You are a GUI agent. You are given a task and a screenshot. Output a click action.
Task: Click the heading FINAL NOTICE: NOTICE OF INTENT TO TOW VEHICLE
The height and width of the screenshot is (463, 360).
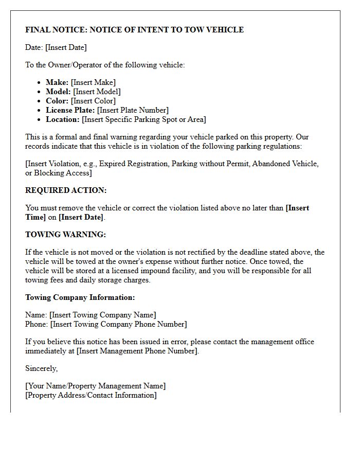click(x=134, y=30)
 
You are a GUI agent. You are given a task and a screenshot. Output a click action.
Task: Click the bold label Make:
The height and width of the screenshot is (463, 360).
click(x=57, y=82)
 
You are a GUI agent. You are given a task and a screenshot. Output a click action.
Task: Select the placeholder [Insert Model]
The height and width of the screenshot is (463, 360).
click(x=97, y=92)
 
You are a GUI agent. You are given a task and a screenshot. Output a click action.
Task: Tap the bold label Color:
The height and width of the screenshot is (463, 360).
click(x=57, y=101)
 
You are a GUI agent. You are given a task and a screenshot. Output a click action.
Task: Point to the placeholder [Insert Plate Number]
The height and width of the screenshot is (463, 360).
click(x=133, y=110)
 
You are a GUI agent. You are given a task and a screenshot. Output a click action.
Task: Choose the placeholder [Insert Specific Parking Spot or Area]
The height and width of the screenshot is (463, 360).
click(x=143, y=119)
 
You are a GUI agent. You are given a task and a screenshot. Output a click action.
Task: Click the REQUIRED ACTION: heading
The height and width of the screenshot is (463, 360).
click(x=66, y=190)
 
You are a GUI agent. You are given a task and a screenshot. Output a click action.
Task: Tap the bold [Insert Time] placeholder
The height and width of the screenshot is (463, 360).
click(x=297, y=208)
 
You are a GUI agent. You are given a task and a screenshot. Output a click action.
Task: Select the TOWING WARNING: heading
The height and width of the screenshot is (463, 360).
click(x=65, y=235)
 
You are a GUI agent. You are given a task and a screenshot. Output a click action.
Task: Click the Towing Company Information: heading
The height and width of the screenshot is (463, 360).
click(x=80, y=297)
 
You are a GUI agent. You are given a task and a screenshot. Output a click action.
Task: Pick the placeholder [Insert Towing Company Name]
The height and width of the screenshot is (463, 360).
click(x=102, y=315)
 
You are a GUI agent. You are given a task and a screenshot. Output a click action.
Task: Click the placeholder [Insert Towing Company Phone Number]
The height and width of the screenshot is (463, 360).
click(x=118, y=324)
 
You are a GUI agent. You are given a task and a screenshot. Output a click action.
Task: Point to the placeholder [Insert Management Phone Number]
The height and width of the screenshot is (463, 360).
click(x=137, y=351)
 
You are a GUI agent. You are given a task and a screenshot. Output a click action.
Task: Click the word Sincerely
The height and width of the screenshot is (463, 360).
click(x=41, y=368)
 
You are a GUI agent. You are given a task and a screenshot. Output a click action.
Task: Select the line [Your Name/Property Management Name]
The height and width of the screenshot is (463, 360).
click(x=95, y=386)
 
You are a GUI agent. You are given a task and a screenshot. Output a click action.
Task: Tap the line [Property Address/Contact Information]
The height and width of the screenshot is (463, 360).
click(x=91, y=395)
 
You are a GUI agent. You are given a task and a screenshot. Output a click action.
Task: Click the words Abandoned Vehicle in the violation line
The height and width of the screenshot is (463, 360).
click(x=287, y=164)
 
